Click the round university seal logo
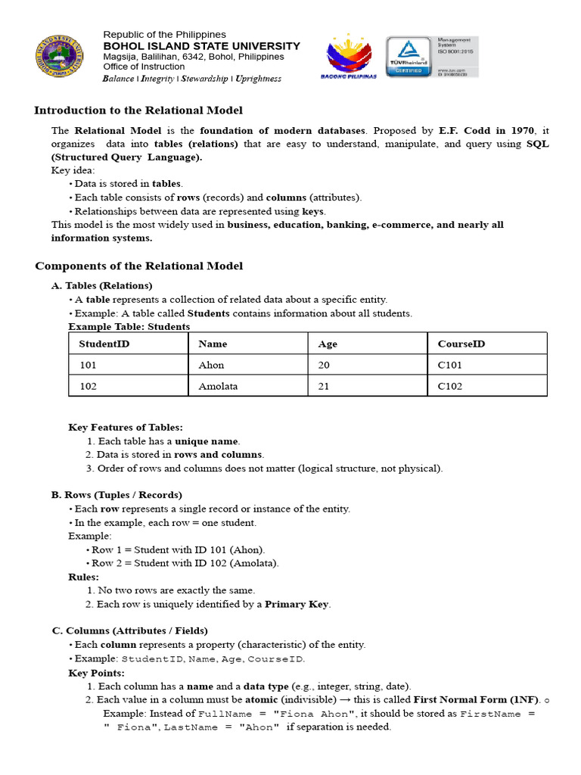pyautogui.click(x=57, y=58)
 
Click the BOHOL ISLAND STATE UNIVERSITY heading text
pyautogui.click(x=201, y=45)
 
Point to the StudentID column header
pyautogui.click(x=99, y=344)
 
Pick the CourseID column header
pyautogui.click(x=461, y=344)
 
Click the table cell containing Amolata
pyautogui.click(x=218, y=386)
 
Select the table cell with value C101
pyautogui.click(x=449, y=365)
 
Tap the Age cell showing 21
pyautogui.click(x=324, y=386)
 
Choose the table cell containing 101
pyautogui.click(x=89, y=365)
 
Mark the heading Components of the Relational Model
pyautogui.click(x=139, y=266)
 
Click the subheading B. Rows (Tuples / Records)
pyautogui.click(x=117, y=495)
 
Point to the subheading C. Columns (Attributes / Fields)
pyautogui.click(x=129, y=630)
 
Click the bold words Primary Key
pyautogui.click(x=297, y=604)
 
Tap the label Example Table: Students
pyautogui.click(x=129, y=326)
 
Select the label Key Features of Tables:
pyautogui.click(x=126, y=428)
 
